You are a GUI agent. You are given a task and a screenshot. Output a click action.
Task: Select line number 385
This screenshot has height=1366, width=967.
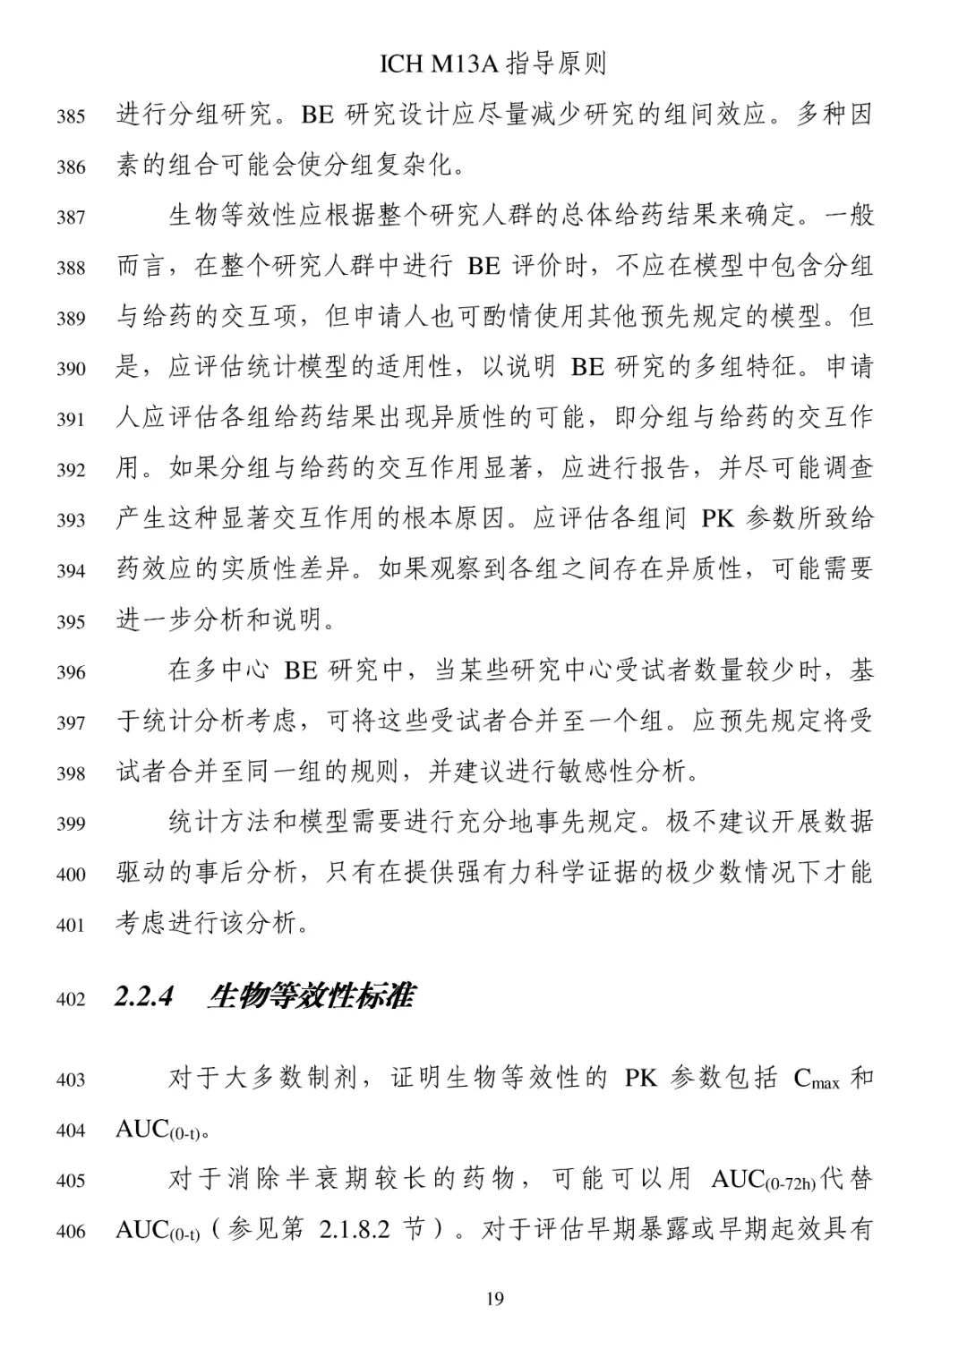pyautogui.click(x=71, y=116)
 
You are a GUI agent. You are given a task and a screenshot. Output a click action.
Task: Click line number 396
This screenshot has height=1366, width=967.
pyautogui.click(x=71, y=672)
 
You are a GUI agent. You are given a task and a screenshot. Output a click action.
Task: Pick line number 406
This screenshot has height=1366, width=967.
pyautogui.click(x=71, y=1232)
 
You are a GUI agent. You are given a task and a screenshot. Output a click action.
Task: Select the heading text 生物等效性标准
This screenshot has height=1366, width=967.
pyautogui.click(x=310, y=996)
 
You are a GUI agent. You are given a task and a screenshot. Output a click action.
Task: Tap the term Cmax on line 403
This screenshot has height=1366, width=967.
pyautogui.click(x=816, y=1080)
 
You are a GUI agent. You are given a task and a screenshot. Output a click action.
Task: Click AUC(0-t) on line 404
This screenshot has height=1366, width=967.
pyautogui.click(x=158, y=1131)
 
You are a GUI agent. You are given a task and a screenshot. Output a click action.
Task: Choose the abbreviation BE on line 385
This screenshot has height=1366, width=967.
pyautogui.click(x=316, y=115)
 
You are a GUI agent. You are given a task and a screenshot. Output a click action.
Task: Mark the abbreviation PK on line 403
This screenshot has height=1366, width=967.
pyautogui.click(x=640, y=1079)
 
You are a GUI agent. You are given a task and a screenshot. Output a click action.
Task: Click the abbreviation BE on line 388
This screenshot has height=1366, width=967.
pyautogui.click(x=484, y=267)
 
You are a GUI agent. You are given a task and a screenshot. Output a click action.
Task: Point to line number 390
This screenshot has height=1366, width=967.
pyautogui.click(x=71, y=369)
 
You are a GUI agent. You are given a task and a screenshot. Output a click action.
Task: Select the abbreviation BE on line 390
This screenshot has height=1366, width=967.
pyautogui.click(x=587, y=368)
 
